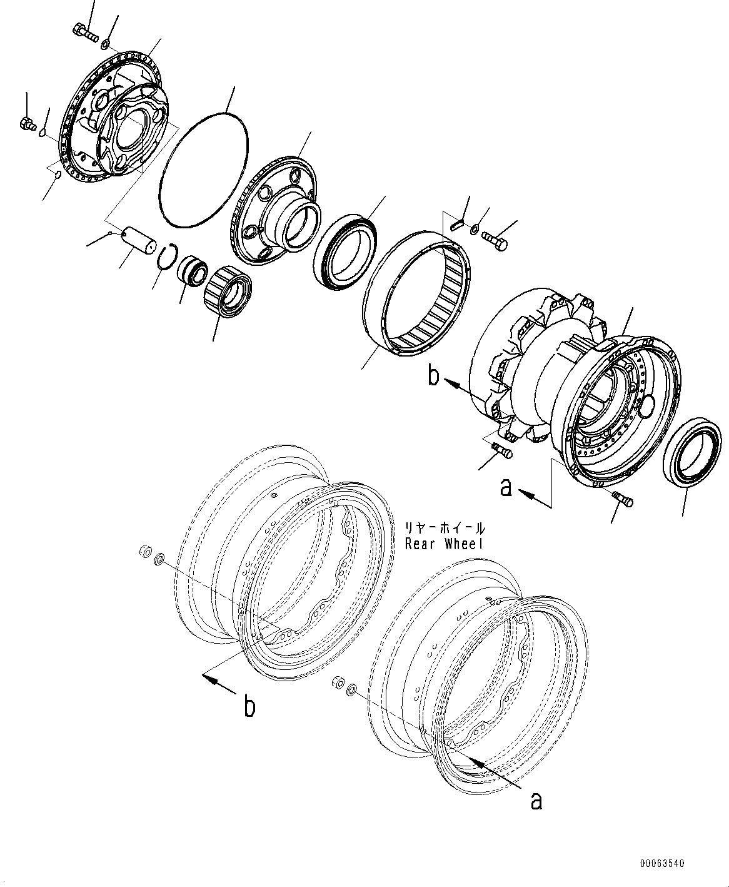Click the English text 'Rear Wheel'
click(x=444, y=544)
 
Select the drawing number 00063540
click(x=662, y=864)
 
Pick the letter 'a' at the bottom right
click(x=536, y=800)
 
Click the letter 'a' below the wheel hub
click(x=506, y=487)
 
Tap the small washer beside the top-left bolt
click(x=106, y=43)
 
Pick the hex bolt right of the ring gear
click(x=494, y=241)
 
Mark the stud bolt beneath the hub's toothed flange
click(x=501, y=449)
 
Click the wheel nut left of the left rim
click(x=143, y=551)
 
